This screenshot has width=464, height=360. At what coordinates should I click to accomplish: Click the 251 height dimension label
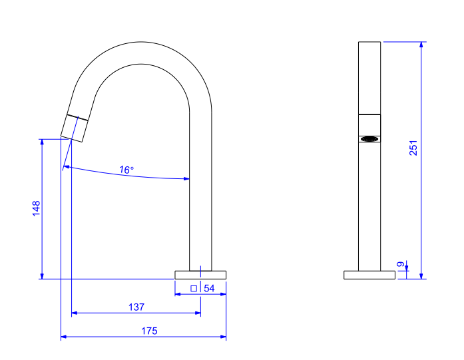tap(413, 148)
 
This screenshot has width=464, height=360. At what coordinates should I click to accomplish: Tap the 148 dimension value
tap(36, 208)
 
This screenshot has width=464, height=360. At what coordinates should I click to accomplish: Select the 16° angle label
tap(126, 170)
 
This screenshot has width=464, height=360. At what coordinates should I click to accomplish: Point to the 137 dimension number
tap(136, 307)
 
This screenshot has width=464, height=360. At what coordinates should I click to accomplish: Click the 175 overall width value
tap(149, 331)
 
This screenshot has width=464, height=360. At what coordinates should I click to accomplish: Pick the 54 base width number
tap(209, 288)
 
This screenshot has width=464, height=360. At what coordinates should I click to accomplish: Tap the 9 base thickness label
tap(401, 264)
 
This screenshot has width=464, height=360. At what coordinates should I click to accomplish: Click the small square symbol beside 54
tap(194, 288)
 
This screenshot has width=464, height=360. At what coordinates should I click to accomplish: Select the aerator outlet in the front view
tap(369, 138)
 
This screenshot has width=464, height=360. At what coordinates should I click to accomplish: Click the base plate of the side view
tap(369, 275)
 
